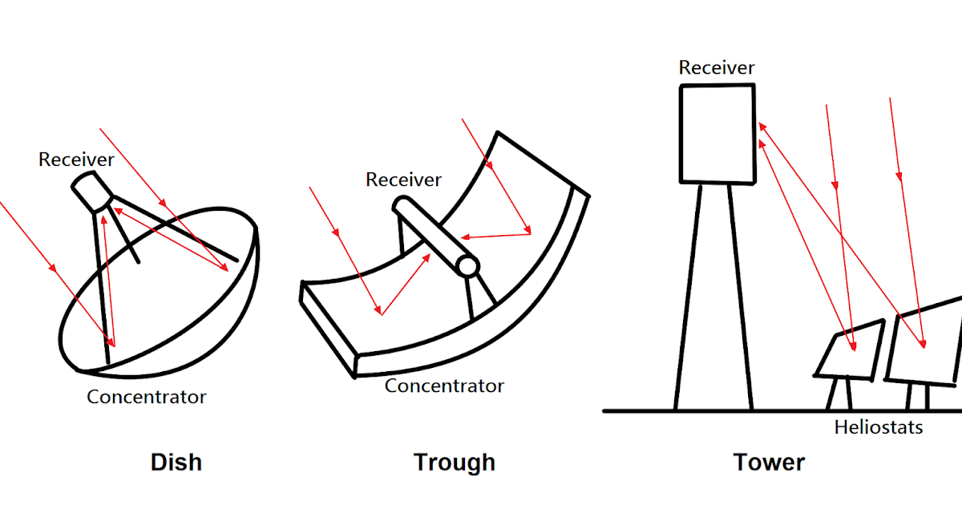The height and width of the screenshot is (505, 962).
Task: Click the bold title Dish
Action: tap(176, 463)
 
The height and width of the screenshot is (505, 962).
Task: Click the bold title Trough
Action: tap(455, 463)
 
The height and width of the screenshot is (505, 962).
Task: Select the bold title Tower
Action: tap(769, 463)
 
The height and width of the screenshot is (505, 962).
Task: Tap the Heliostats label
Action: tap(879, 427)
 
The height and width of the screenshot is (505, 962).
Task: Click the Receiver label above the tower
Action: tap(717, 68)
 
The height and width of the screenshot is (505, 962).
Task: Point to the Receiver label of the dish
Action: tap(76, 160)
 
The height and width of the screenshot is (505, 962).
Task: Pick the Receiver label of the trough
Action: tap(403, 180)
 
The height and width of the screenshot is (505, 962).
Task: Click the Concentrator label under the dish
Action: tap(147, 397)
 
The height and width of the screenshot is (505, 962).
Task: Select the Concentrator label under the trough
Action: tap(444, 386)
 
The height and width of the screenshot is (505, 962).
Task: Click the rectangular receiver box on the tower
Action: tap(717, 134)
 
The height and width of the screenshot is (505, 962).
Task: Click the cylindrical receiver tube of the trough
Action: tap(433, 236)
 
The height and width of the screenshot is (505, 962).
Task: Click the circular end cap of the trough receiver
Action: tap(467, 266)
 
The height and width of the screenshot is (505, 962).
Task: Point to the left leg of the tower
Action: tap(688, 297)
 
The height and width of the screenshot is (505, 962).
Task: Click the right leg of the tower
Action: tap(742, 297)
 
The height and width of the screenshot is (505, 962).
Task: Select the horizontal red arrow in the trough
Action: tap(497, 236)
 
